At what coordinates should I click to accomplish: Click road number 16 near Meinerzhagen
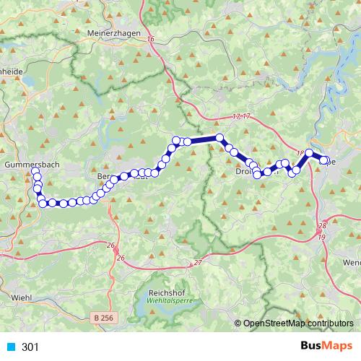[x=150, y=40]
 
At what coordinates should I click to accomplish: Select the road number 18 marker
[x=300, y=153]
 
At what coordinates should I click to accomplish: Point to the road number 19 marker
[x=321, y=237]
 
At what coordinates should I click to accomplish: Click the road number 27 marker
[x=198, y=263]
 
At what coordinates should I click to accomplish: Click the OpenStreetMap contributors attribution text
[x=298, y=323]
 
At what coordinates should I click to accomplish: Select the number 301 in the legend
[x=30, y=347]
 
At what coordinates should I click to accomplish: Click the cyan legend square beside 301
[x=11, y=347]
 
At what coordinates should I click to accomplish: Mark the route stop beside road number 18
[x=309, y=153]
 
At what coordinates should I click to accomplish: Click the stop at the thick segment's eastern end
[x=219, y=137]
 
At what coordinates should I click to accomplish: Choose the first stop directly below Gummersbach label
[x=35, y=172]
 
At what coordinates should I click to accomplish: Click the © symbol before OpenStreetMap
[x=239, y=323]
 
